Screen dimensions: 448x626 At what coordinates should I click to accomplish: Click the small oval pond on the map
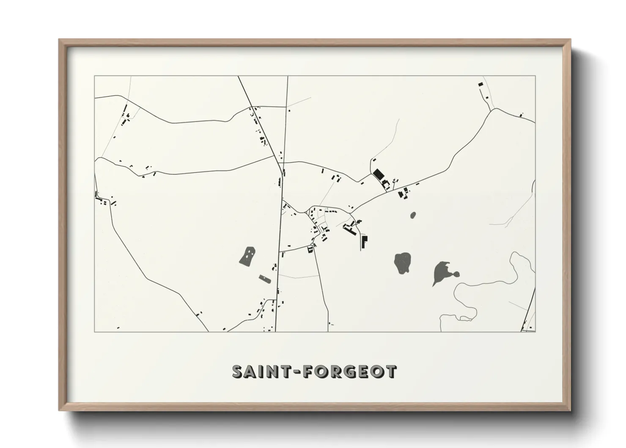click(413, 215)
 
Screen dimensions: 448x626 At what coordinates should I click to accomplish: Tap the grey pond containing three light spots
click(247, 256)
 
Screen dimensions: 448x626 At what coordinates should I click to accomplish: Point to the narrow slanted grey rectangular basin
click(264, 278)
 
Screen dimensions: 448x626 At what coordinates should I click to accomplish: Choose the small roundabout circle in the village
click(312, 245)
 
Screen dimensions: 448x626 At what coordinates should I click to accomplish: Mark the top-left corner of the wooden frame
click(60, 40)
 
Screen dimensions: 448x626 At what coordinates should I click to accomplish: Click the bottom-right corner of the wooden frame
click(570, 411)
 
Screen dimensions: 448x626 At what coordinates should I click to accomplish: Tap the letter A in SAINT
click(252, 371)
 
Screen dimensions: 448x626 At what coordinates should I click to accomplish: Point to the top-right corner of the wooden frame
click(570, 40)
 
